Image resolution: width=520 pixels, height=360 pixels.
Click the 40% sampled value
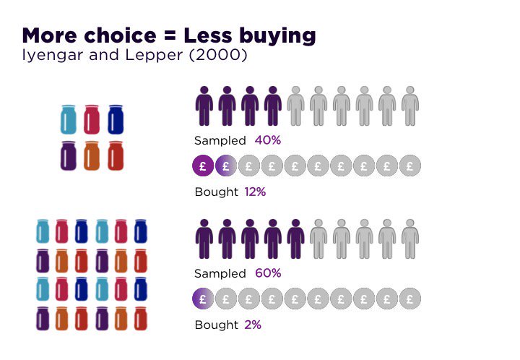[x=267, y=140]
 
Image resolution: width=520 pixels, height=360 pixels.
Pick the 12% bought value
[x=255, y=192]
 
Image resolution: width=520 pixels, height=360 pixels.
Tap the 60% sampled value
[x=268, y=273]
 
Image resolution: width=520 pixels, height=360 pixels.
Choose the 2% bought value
[x=252, y=325]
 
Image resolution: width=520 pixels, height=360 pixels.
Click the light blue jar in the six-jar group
[x=69, y=119]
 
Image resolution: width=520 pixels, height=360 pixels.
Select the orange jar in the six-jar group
[x=92, y=155]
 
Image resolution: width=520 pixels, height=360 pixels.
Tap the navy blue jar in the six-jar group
[x=116, y=119]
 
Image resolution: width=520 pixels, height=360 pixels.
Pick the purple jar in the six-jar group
[x=69, y=155]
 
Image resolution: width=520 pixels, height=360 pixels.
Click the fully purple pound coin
[x=203, y=166]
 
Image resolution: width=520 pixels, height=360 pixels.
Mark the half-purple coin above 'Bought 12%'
[x=226, y=166]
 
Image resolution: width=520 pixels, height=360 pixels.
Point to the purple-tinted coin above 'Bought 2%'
[x=203, y=298]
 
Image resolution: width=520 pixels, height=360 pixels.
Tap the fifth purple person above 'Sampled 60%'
[x=295, y=239]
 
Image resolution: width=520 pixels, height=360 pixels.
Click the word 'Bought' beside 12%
[x=216, y=192]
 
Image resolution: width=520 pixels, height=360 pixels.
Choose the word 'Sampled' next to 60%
[x=220, y=273]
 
